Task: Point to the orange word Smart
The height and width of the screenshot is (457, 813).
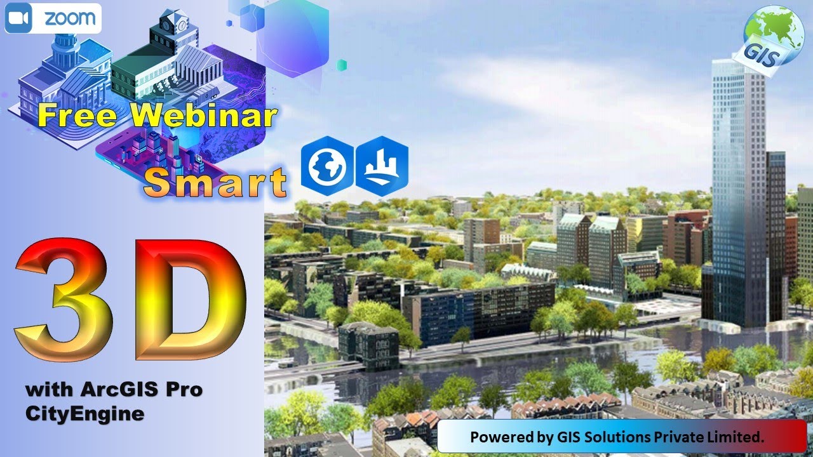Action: [x=215, y=183]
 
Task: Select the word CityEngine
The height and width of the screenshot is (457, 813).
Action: [x=84, y=414]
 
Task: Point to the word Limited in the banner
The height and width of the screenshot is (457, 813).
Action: [x=739, y=437]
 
